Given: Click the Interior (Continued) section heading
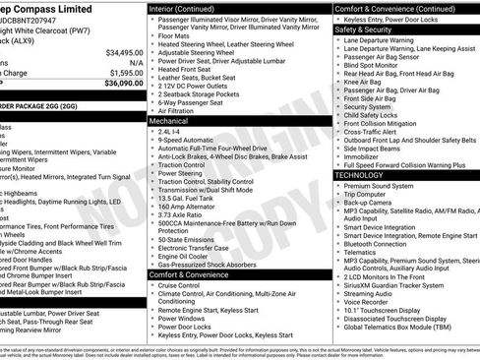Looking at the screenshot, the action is click(186, 8).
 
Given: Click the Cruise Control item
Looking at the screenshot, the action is click(188, 286).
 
